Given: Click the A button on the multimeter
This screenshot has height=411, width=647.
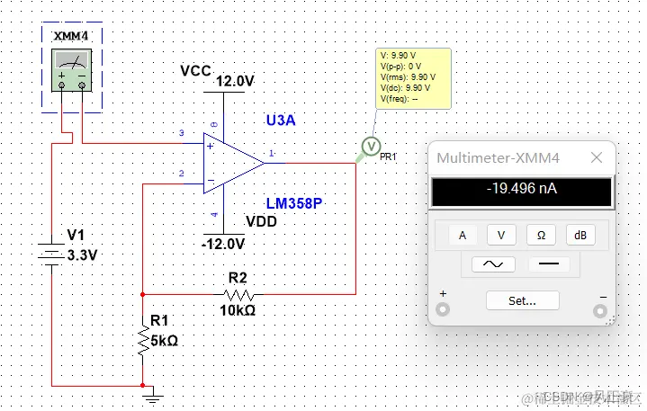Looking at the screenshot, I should pos(463,235).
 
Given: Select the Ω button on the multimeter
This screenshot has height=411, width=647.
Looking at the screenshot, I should pos(541,235).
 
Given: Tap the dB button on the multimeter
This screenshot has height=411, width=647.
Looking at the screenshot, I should pos(580,235).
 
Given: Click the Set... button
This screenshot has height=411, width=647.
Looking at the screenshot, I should pos(522,300).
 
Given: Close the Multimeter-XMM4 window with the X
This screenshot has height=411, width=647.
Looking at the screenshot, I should pos(596,158).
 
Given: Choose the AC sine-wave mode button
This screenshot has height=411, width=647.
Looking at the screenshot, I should pos(487,264).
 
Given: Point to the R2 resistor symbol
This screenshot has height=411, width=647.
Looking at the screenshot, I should pos(238,294).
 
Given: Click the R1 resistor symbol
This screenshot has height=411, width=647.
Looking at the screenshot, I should pos(142,340).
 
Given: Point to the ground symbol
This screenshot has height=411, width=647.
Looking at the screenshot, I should pos(153,392).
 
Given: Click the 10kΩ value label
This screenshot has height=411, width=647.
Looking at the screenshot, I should pos(238,310).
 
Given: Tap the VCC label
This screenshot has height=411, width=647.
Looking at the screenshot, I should pos(195,70).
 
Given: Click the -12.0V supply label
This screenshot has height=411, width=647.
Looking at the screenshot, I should pos(224,244).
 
